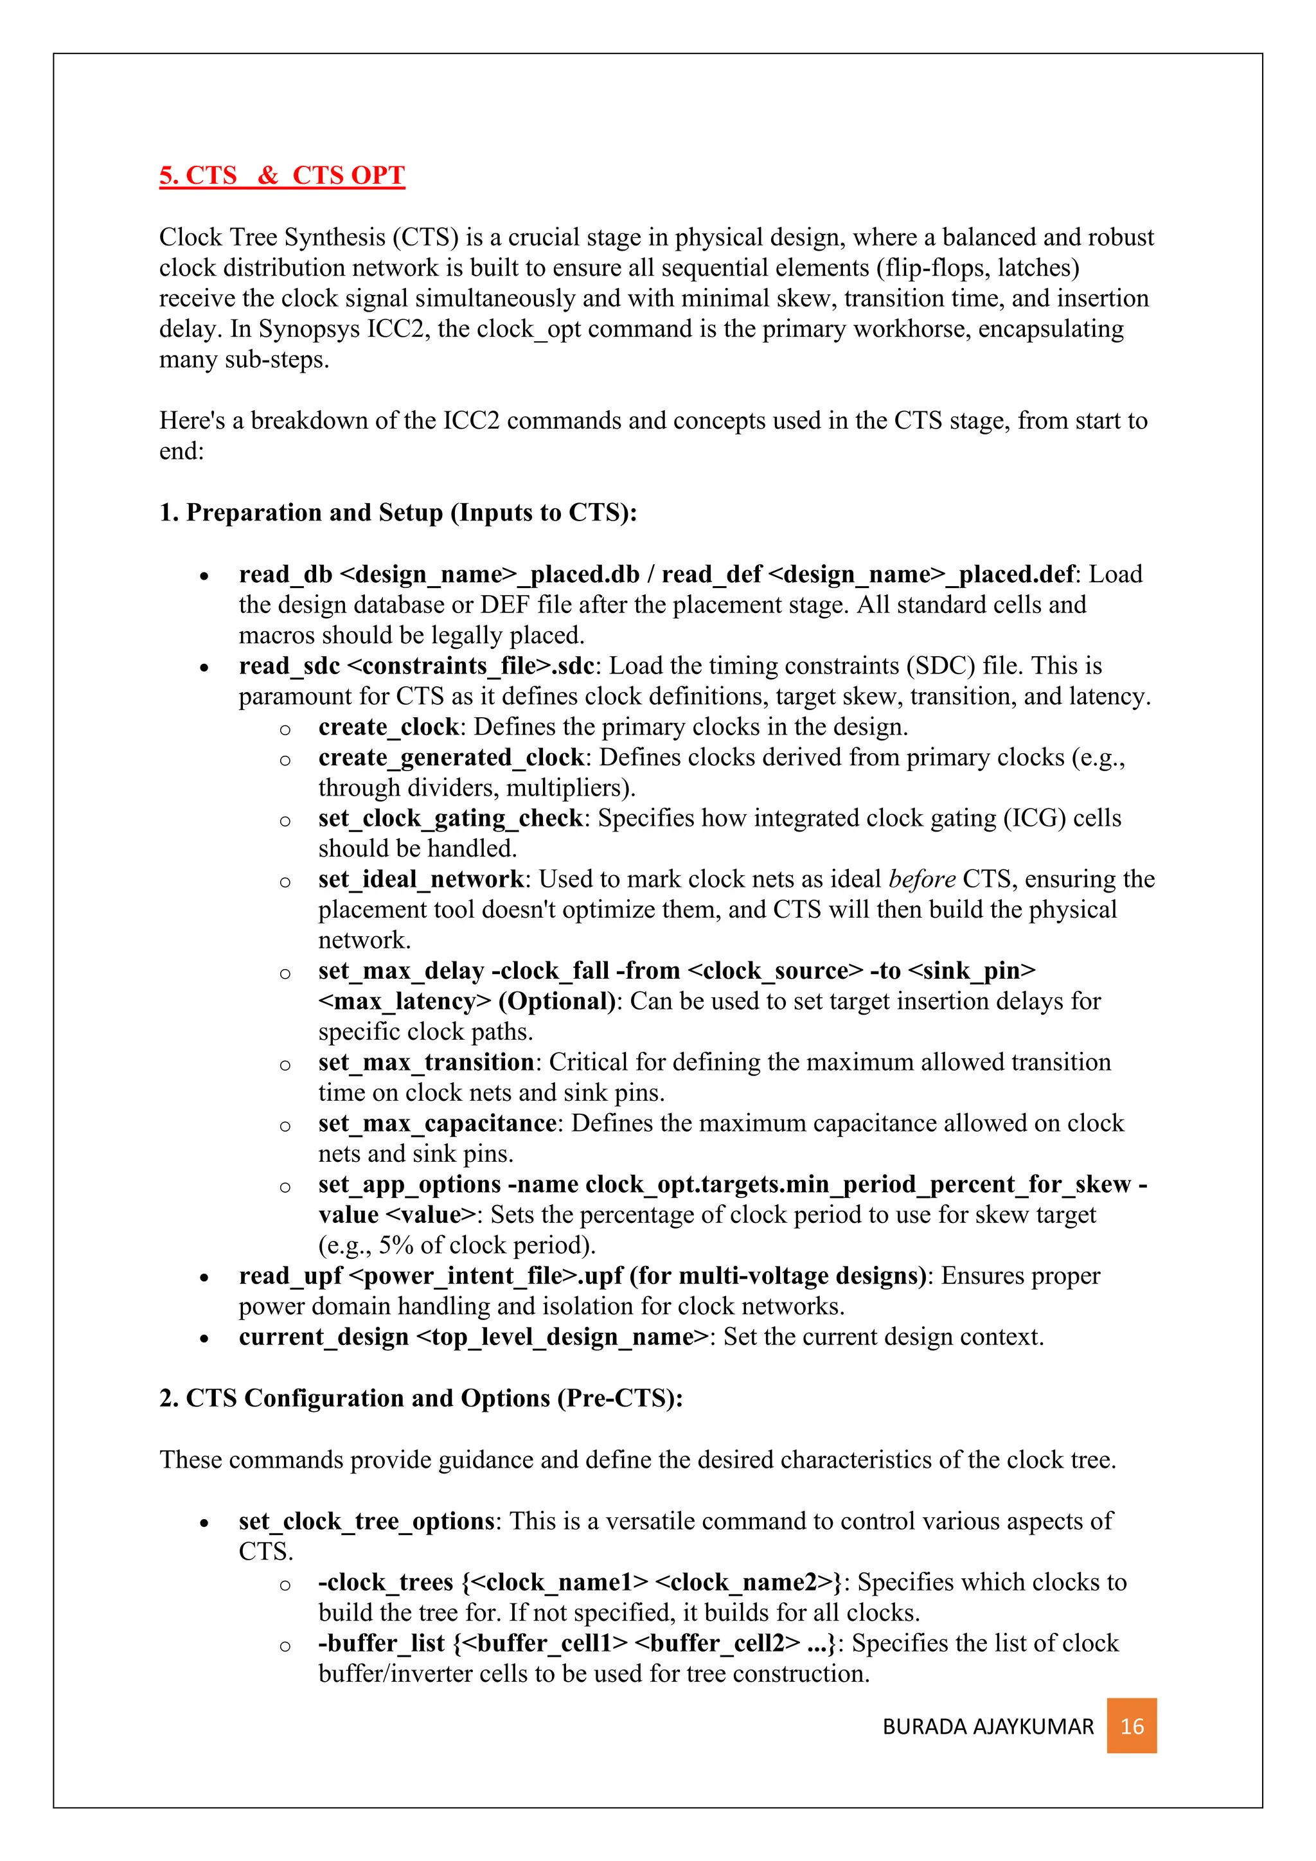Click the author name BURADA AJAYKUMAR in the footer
[x=988, y=1727]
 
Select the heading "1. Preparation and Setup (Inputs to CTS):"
[x=398, y=512]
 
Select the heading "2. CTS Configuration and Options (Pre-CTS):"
[x=421, y=1398]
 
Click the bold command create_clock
[x=388, y=727]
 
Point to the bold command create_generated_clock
[x=450, y=757]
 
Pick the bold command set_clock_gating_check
[x=450, y=819]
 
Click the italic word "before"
[x=922, y=880]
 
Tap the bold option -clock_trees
[x=386, y=1582]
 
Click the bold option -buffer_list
[x=382, y=1643]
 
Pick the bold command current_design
[x=323, y=1337]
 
